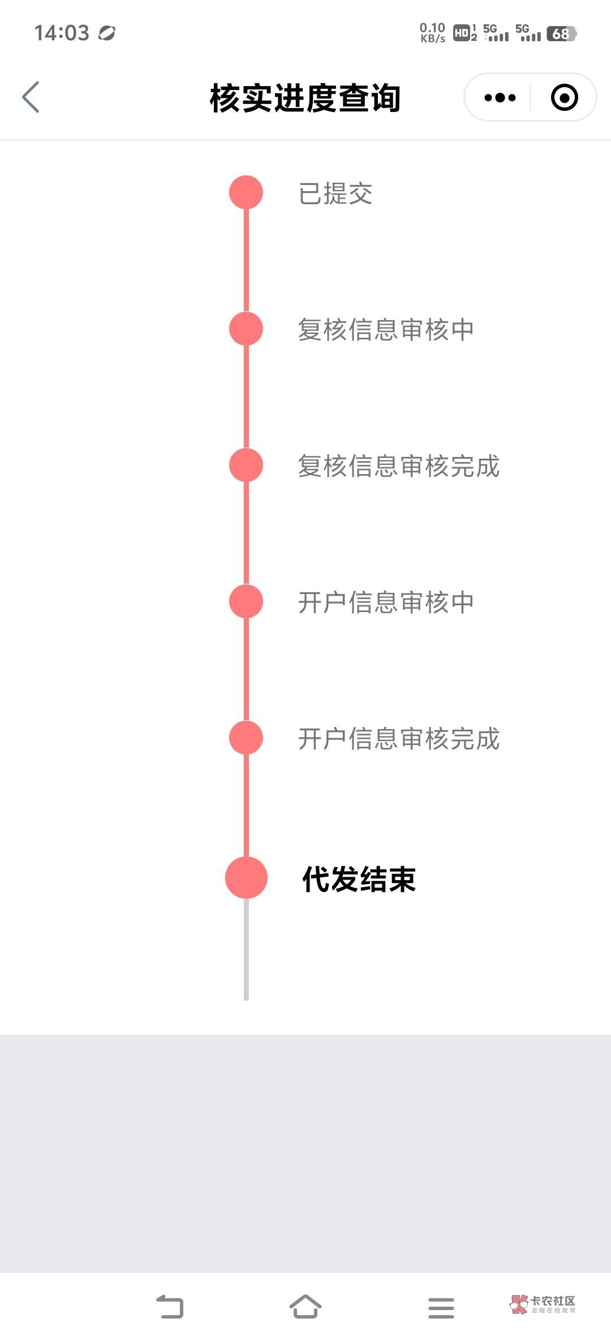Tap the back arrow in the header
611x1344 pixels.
tap(31, 97)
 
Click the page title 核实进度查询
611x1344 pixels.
tap(305, 98)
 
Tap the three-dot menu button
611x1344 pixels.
tap(500, 98)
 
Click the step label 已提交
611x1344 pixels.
tap(335, 193)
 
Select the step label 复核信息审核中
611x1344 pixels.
tap(386, 330)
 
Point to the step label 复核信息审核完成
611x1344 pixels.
tap(399, 466)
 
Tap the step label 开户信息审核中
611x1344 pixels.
tap(386, 602)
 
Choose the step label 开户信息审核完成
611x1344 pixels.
tap(399, 739)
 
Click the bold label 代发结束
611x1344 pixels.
tap(359, 879)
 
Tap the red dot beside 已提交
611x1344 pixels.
tap(246, 192)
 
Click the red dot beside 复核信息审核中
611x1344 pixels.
tap(246, 329)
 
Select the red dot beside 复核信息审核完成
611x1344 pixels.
tap(246, 465)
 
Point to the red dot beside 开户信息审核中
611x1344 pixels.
tap(246, 601)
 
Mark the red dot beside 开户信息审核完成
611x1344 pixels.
tap(246, 738)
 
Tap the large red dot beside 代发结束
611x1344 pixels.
tap(246, 877)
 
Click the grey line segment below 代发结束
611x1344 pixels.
tap(246, 950)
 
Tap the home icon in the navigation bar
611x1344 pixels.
tap(305, 1307)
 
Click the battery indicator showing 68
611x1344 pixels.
tap(561, 34)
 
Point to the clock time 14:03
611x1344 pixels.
tap(62, 33)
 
